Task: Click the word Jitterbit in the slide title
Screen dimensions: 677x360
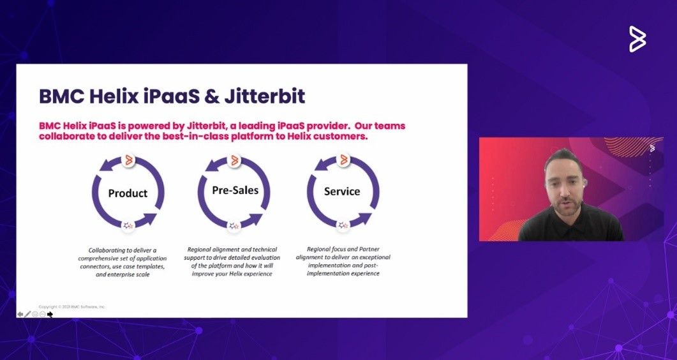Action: (x=265, y=96)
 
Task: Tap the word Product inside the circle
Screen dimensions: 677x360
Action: (x=128, y=193)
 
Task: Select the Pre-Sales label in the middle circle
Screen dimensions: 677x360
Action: (x=235, y=190)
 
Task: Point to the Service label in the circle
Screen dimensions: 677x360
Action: (x=342, y=191)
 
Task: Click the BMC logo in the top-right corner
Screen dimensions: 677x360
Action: (x=637, y=39)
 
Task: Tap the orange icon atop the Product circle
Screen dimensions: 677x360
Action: (x=128, y=160)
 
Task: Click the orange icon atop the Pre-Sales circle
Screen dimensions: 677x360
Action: (x=235, y=160)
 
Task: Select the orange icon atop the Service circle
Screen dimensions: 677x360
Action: (x=344, y=160)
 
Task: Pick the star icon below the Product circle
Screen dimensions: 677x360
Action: (x=128, y=225)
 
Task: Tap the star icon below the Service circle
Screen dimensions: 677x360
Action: (x=343, y=225)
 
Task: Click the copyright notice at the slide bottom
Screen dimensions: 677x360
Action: (x=72, y=307)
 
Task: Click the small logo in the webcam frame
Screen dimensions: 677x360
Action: (x=652, y=148)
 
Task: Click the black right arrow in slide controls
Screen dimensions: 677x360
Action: (x=50, y=314)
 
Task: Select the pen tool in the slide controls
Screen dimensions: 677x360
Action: (x=27, y=314)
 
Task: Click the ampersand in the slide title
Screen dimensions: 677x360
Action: (x=211, y=96)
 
